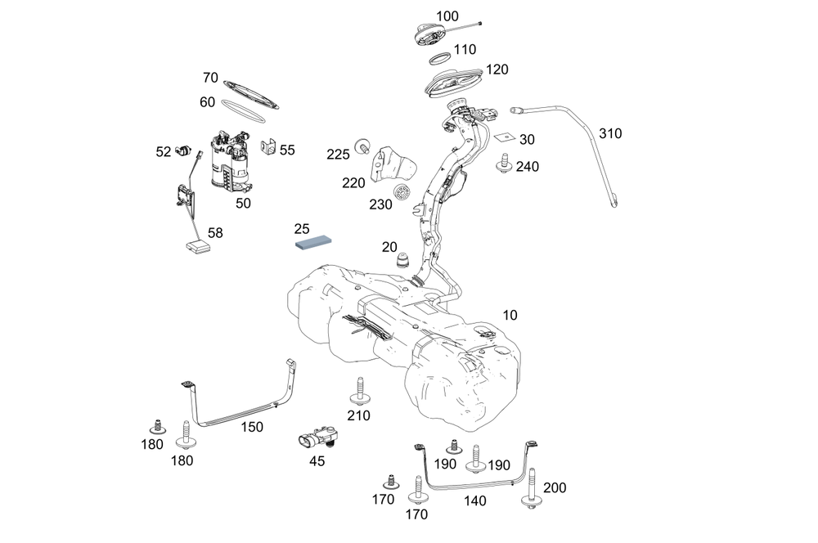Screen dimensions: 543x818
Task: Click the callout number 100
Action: pyautogui.click(x=447, y=16)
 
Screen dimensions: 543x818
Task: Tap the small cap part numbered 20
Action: pyautogui.click(x=402, y=262)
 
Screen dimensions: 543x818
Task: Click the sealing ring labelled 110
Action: pyautogui.click(x=440, y=59)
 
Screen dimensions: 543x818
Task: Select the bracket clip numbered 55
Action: pyautogui.click(x=267, y=150)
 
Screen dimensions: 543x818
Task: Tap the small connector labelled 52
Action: pyautogui.click(x=186, y=151)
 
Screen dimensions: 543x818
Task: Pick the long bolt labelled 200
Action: pyautogui.click(x=534, y=490)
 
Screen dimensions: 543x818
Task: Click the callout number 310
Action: pyautogui.click(x=610, y=132)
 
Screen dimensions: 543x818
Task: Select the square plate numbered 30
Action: pyautogui.click(x=505, y=138)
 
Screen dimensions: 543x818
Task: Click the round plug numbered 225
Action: pyautogui.click(x=360, y=146)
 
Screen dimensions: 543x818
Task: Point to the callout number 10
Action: pyautogui.click(x=510, y=315)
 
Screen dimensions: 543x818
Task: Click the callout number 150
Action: pyautogui.click(x=252, y=427)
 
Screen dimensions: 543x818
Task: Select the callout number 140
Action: pyautogui.click(x=474, y=500)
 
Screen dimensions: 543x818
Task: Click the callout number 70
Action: pyautogui.click(x=210, y=79)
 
